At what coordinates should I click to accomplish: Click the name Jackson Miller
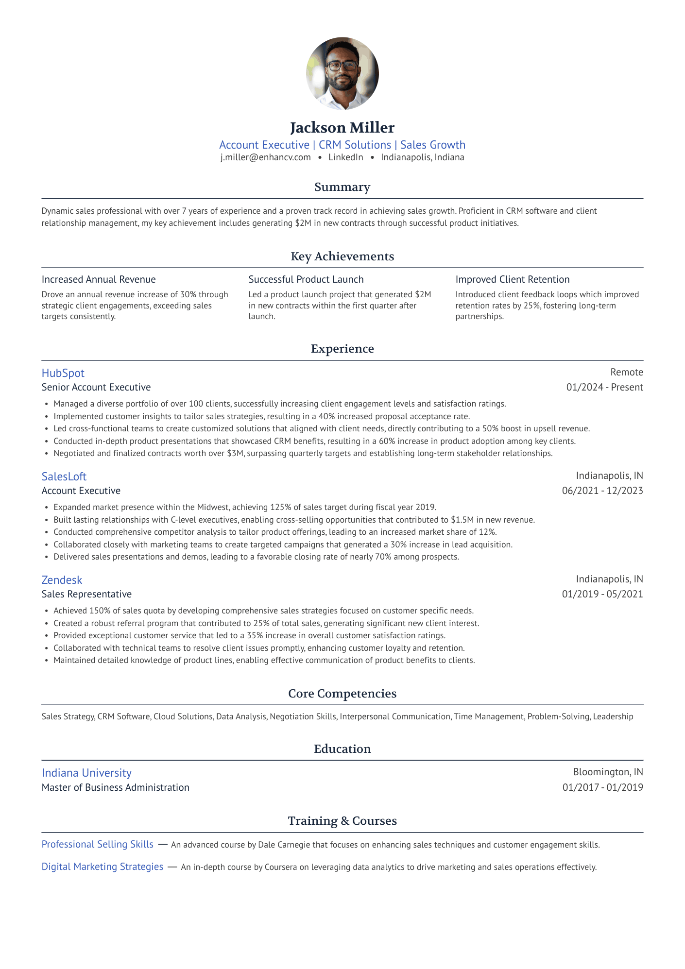click(342, 128)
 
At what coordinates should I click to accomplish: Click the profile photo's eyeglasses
click(342, 65)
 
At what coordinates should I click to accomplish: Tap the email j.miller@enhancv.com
click(265, 157)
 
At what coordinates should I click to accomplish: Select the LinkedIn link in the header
click(345, 157)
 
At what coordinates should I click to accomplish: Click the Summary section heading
click(342, 187)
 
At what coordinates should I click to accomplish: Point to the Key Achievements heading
click(342, 256)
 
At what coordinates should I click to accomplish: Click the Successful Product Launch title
click(306, 279)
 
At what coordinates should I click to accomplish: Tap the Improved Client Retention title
click(512, 279)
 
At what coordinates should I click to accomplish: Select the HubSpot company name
click(63, 373)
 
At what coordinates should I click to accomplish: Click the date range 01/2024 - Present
click(604, 387)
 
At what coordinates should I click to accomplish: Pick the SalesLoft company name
click(64, 476)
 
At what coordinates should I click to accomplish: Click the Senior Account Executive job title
click(96, 387)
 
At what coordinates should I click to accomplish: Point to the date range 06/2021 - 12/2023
click(602, 491)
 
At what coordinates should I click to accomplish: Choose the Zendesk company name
click(62, 580)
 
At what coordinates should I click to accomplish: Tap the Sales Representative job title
click(86, 594)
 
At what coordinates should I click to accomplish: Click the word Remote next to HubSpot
click(627, 372)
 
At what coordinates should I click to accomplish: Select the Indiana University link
click(86, 773)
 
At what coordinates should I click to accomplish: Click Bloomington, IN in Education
click(608, 772)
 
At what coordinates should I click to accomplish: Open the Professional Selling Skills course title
click(98, 844)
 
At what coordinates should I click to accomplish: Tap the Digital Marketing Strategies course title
click(103, 867)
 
